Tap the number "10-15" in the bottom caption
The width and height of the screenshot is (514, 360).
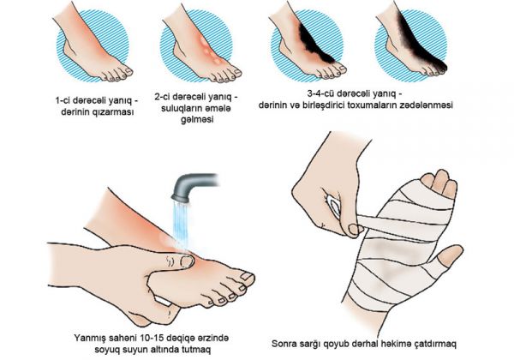coord(152,338)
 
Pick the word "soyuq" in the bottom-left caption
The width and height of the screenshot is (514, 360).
coord(106,350)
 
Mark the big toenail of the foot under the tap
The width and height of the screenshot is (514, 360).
coord(248,276)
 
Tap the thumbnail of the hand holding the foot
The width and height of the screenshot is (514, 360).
coord(188,261)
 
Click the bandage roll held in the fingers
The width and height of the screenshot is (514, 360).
coord(334,205)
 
